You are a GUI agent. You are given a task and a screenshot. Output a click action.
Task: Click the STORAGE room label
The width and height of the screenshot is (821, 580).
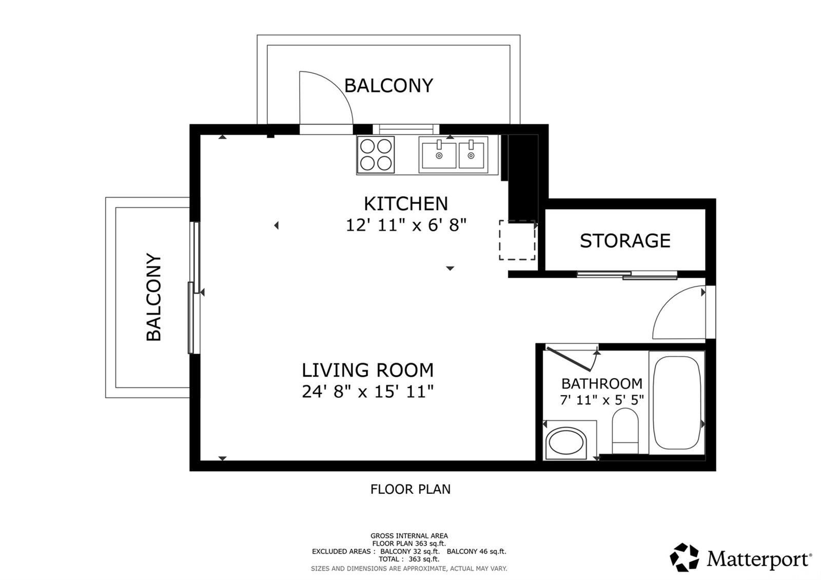(x=625, y=241)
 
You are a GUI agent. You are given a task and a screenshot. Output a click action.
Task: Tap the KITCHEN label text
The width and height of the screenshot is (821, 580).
(x=405, y=204)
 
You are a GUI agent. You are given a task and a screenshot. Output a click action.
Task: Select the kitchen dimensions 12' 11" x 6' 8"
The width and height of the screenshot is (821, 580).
(x=405, y=225)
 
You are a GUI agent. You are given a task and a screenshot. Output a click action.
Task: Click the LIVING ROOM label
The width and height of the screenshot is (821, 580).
(x=367, y=370)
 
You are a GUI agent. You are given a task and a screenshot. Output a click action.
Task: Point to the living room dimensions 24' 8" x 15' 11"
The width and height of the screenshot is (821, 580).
(x=367, y=392)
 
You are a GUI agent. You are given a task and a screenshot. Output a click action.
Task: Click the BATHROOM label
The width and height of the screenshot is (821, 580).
(x=601, y=383)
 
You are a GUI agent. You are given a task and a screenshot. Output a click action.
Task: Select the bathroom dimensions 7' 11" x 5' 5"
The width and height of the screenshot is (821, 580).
(x=601, y=399)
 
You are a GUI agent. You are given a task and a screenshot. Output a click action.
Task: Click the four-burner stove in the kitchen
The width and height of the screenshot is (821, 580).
(x=376, y=154)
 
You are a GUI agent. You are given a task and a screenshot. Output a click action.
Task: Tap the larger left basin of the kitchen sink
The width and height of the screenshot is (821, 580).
(x=439, y=155)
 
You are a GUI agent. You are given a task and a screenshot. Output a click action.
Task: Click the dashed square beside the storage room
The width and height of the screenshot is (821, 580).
(x=517, y=240)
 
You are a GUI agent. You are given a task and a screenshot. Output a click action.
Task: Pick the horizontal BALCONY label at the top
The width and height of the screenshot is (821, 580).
(x=388, y=85)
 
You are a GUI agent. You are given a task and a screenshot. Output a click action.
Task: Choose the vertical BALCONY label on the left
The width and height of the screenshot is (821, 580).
(x=154, y=297)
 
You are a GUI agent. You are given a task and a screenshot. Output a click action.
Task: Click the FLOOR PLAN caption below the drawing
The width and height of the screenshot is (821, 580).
(x=410, y=489)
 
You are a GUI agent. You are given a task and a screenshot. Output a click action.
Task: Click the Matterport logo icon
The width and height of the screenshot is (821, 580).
(x=684, y=557)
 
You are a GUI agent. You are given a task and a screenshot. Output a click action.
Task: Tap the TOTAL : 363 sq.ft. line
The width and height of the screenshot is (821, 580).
(x=409, y=559)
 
